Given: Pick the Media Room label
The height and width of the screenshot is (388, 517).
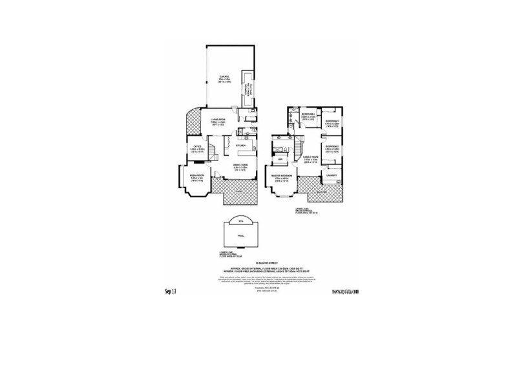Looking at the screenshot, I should pos(196,175).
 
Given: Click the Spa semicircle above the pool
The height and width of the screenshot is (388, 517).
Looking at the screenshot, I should pos(240,221).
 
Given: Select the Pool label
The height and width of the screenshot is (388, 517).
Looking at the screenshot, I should pos(240,237).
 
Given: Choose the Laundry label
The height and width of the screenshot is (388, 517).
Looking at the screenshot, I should pos(332,175).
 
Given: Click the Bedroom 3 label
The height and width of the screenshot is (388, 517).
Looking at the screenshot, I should pos(333,122).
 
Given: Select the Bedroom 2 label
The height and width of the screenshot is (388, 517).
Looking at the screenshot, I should pos(332,147).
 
